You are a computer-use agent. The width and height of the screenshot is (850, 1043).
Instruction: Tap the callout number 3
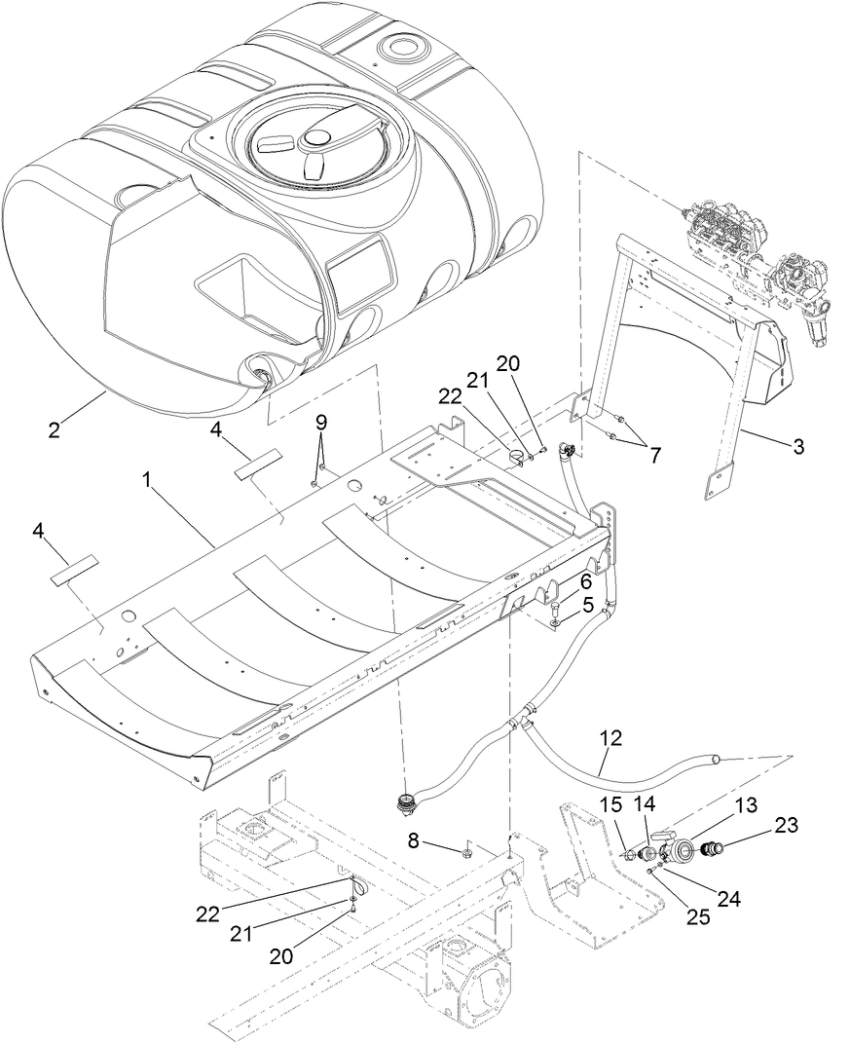pyautogui.click(x=797, y=446)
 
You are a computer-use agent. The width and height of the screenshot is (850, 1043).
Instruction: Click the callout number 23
pyautogui.click(x=787, y=825)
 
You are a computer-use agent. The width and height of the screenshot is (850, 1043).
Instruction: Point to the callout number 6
pyautogui.click(x=586, y=580)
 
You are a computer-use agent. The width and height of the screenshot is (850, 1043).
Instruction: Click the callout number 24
pyautogui.click(x=729, y=900)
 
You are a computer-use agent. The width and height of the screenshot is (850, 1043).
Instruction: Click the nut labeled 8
pyautogui.click(x=466, y=854)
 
